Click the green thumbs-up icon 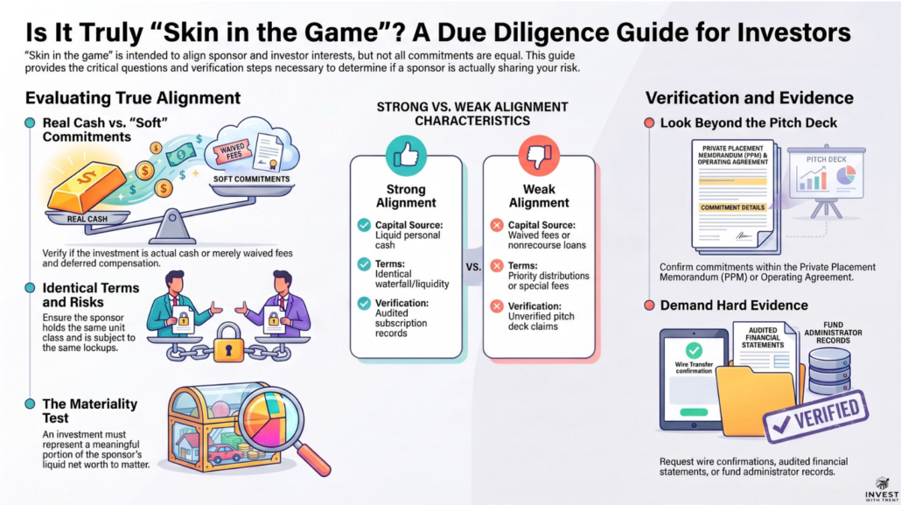tap(406, 155)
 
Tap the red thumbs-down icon tap(539, 155)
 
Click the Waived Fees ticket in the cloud tap(232, 152)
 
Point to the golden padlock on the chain tap(228, 343)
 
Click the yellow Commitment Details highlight tap(733, 207)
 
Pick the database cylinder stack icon tap(829, 370)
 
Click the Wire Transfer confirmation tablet tap(694, 380)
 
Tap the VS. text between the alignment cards tap(473, 267)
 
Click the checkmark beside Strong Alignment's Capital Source tap(364, 225)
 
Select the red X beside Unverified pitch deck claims tap(497, 306)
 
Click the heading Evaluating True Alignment tap(133, 98)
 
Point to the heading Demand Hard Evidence tap(734, 305)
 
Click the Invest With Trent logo tap(882, 489)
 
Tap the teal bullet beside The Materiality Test tap(30, 403)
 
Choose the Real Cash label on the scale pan tap(87, 219)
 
